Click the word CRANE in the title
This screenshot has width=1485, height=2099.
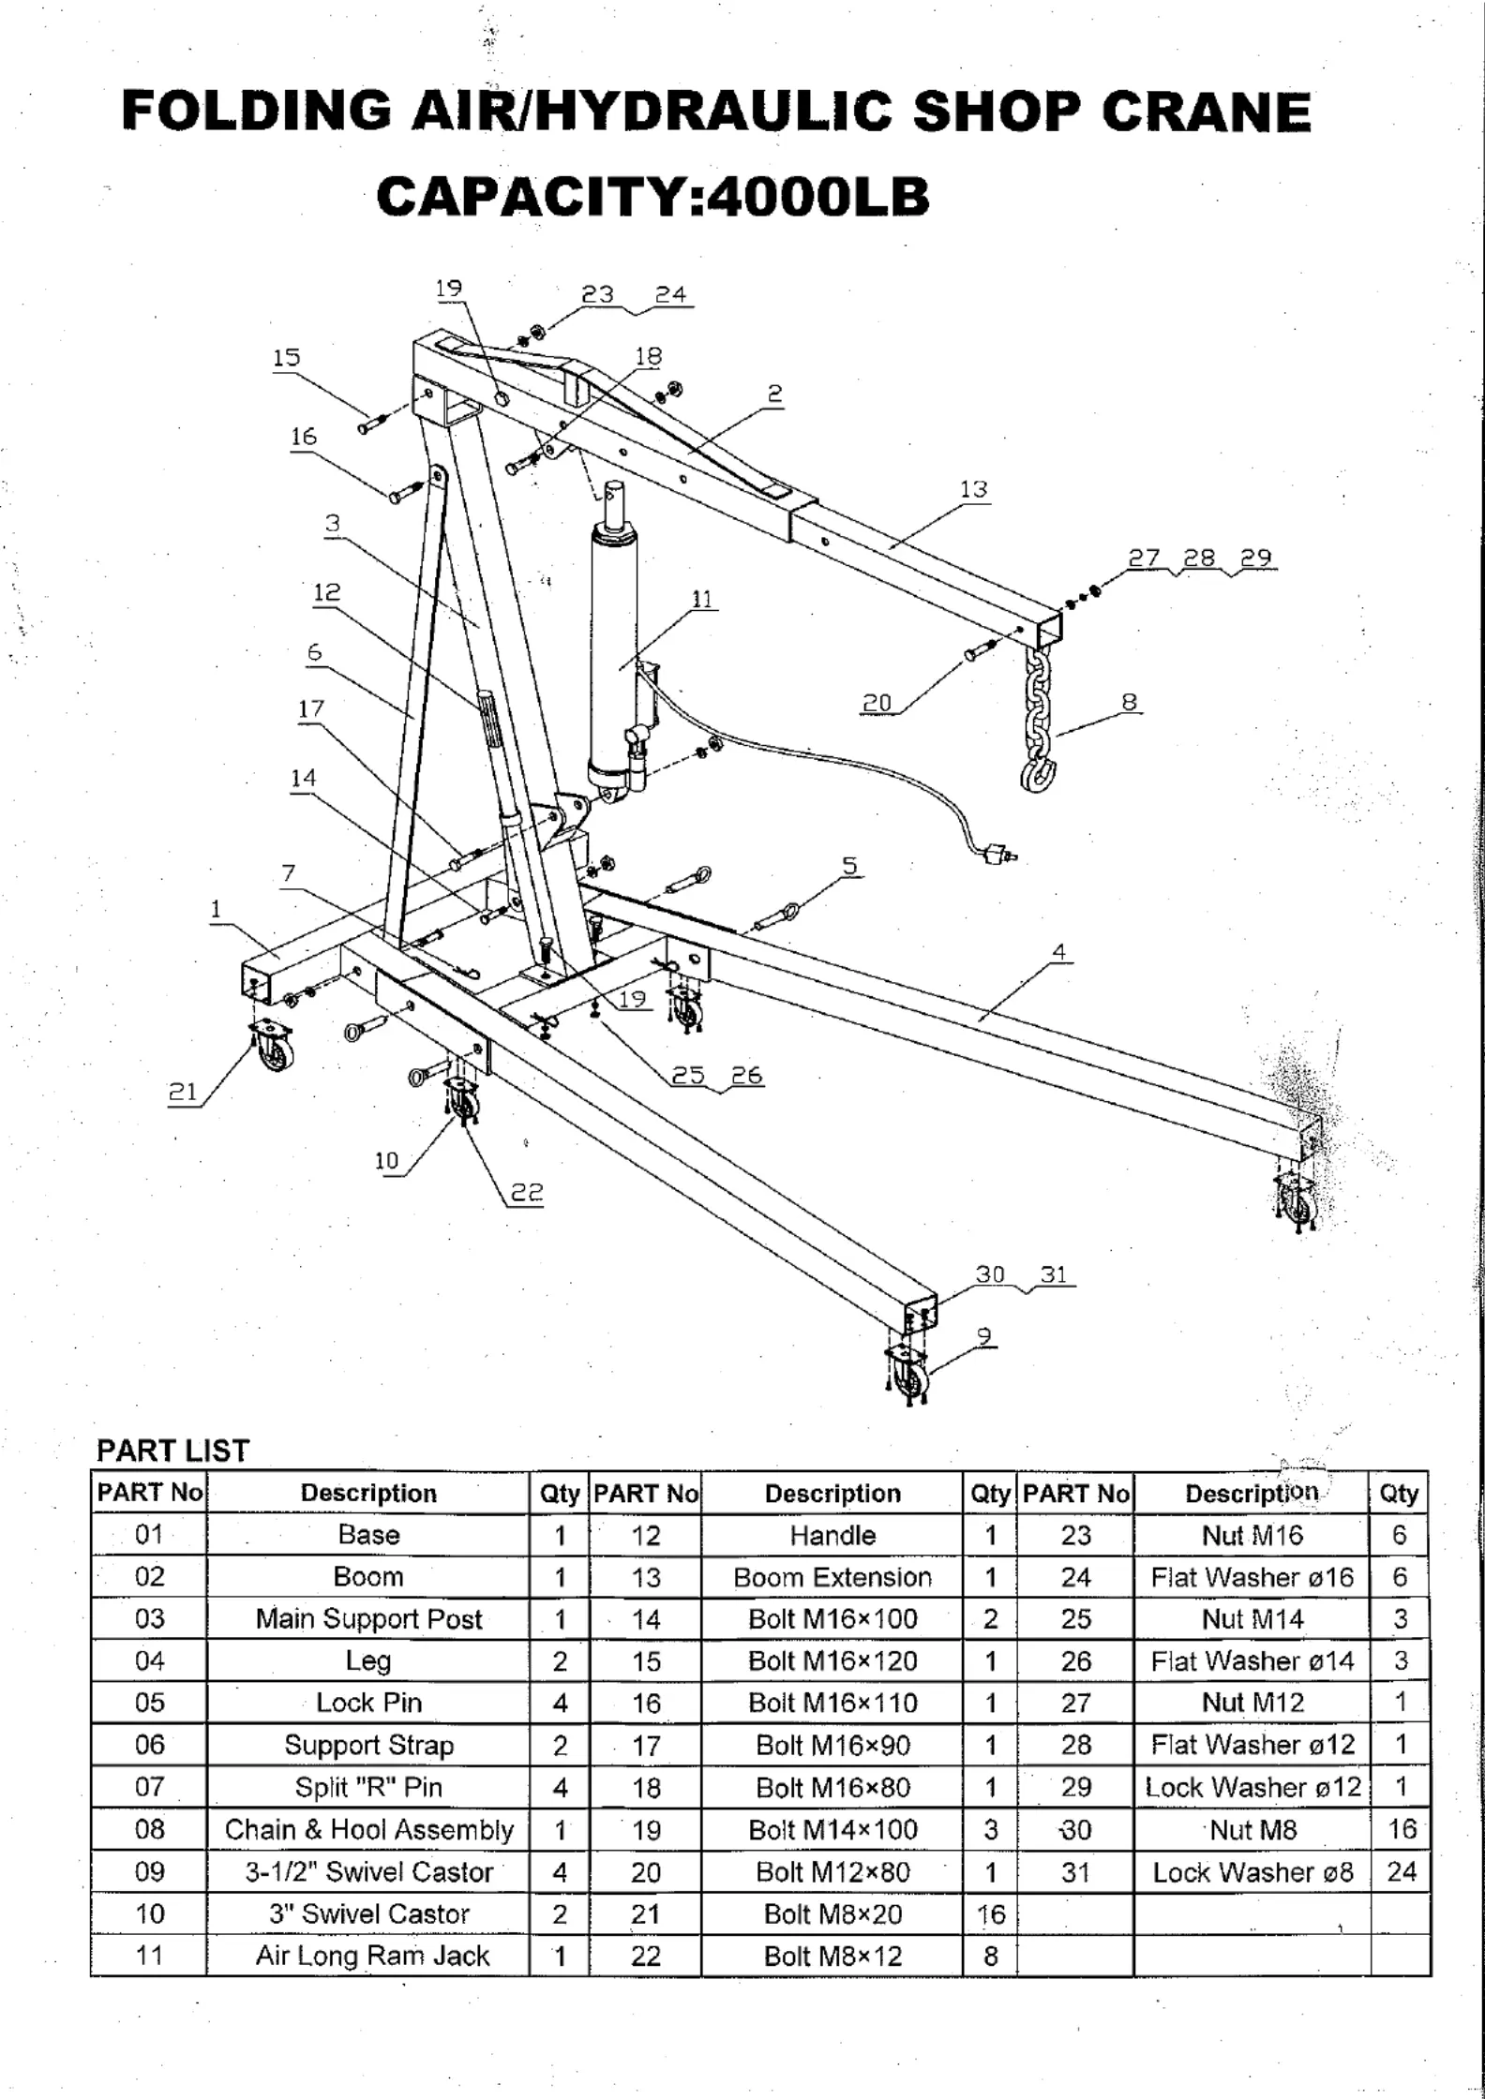pyautogui.click(x=1206, y=112)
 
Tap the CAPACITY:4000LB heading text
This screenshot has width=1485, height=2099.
pyautogui.click(x=652, y=198)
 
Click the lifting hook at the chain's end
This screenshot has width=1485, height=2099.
pyautogui.click(x=1036, y=773)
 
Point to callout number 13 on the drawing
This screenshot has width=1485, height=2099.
pyautogui.click(x=973, y=489)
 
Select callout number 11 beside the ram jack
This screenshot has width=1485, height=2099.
pyautogui.click(x=702, y=599)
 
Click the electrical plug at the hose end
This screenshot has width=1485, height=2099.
pyautogui.click(x=999, y=853)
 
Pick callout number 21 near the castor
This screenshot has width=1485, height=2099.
pyautogui.click(x=183, y=1092)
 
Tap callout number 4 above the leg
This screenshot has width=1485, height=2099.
pyautogui.click(x=1058, y=952)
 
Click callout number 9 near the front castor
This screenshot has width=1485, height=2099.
pyautogui.click(x=983, y=1336)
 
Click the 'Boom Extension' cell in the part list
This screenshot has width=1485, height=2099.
pyautogui.click(x=832, y=1577)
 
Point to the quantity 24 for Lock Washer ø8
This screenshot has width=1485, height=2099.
pyautogui.click(x=1401, y=1872)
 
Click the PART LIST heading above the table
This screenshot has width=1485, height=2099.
pyautogui.click(x=172, y=1451)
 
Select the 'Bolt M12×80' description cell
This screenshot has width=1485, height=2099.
pyautogui.click(x=832, y=1872)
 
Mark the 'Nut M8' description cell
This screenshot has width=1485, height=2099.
pyautogui.click(x=1252, y=1830)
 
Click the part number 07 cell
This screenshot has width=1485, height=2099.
pyautogui.click(x=149, y=1788)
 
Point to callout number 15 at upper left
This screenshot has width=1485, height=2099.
pyautogui.click(x=286, y=357)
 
